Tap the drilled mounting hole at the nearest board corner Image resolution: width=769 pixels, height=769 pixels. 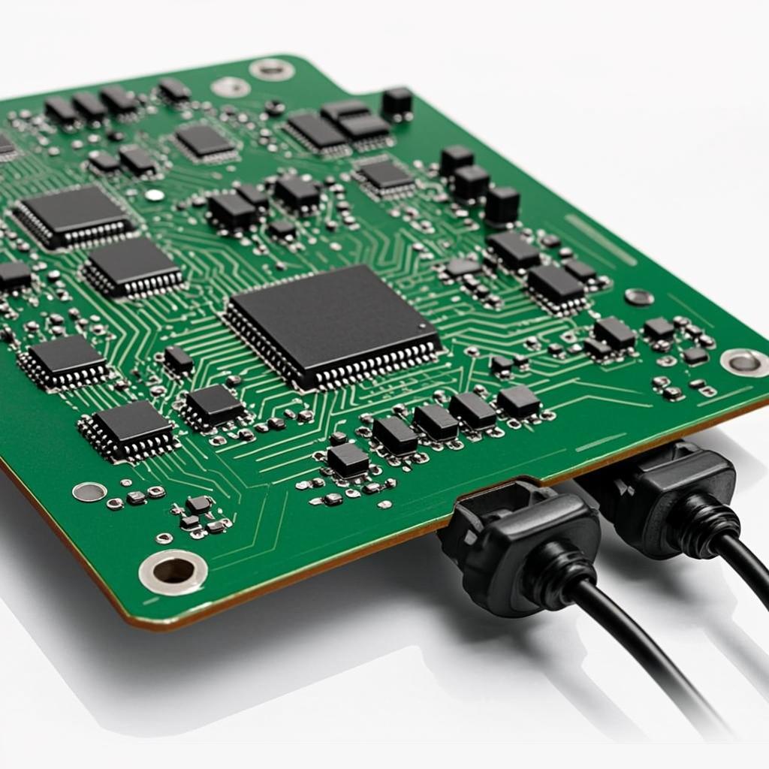pos(173,571)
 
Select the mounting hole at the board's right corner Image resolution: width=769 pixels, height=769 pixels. pos(743,362)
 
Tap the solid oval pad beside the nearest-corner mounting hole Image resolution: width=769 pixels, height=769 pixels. pos(89,492)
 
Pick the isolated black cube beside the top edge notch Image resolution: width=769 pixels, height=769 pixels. pos(397,104)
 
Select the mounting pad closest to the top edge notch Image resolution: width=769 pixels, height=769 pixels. pos(271,69)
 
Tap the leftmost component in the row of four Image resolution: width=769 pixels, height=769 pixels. pos(394,435)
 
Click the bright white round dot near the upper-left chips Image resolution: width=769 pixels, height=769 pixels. pos(155,195)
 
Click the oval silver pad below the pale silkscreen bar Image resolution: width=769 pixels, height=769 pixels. pos(639,297)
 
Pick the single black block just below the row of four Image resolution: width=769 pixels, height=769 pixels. pos(348,459)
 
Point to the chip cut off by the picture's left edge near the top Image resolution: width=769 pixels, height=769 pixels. pos(6,146)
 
